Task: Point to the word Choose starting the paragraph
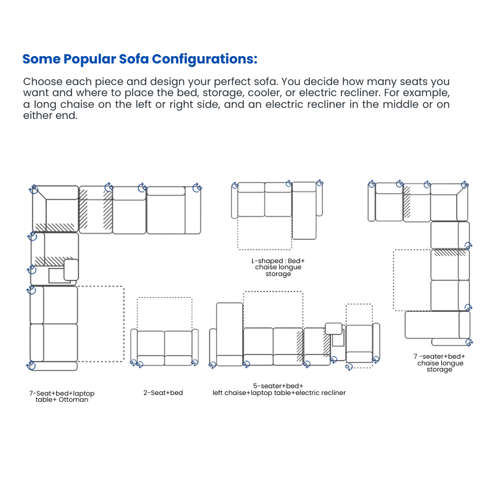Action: click(42, 81)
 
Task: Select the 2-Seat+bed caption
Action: click(163, 393)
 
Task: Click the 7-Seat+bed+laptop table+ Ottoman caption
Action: click(62, 396)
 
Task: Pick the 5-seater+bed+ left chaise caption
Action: click(279, 389)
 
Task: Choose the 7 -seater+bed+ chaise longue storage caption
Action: click(439, 363)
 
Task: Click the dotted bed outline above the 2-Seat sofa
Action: click(164, 314)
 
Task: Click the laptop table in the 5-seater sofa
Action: click(333, 328)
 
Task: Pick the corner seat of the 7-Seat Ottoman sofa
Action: click(60, 213)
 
